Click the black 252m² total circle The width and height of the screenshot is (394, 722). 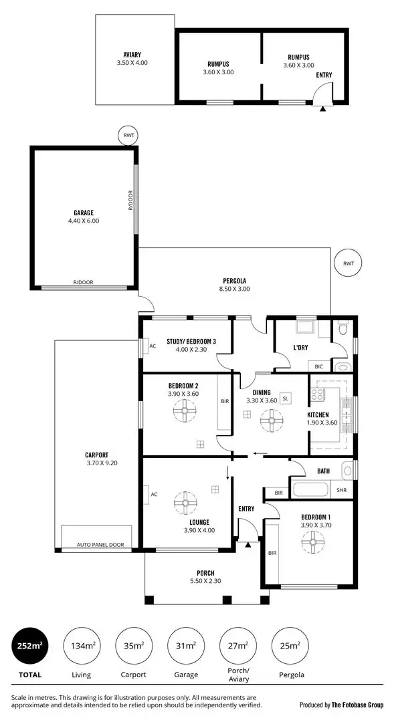(31, 646)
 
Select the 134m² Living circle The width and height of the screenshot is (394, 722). (83, 646)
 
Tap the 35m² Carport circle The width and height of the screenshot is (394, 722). (134, 646)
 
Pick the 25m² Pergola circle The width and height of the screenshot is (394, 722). (290, 646)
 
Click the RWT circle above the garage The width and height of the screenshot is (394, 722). (128, 135)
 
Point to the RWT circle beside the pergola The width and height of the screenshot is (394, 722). (348, 263)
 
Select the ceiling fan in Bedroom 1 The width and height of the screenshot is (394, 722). (312, 546)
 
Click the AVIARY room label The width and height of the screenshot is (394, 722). (132, 55)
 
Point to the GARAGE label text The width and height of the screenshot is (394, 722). (83, 213)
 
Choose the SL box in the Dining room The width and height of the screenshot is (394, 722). (285, 398)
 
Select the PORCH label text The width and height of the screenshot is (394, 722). (205, 573)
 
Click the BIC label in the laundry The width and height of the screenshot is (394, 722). (318, 366)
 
